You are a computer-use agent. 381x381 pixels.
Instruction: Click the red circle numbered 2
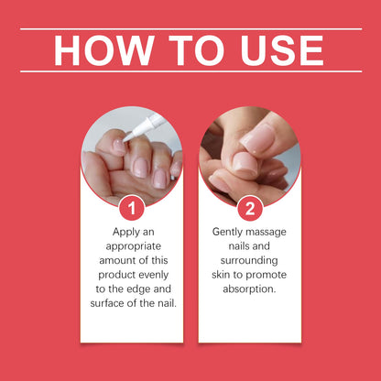point(249,208)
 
